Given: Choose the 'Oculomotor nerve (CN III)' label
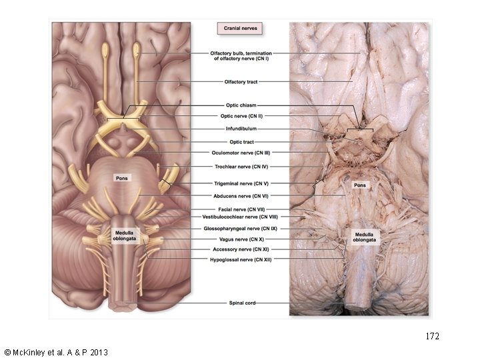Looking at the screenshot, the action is click(x=240, y=153).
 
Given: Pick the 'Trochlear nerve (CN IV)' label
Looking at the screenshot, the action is click(x=240, y=167).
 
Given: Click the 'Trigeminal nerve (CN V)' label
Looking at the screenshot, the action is click(x=240, y=183).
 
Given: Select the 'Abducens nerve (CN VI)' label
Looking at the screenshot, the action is click(x=240, y=195).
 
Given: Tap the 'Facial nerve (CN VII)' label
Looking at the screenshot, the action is click(x=240, y=209).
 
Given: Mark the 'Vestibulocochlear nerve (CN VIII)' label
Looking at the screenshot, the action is click(x=240, y=217).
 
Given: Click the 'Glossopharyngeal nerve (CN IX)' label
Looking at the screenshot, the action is click(x=240, y=229).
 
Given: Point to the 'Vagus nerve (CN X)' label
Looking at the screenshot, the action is click(x=240, y=239).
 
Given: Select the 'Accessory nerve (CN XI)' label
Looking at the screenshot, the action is click(x=240, y=249).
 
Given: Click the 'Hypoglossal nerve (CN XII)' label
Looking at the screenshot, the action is click(x=240, y=259).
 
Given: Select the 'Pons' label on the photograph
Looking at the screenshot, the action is click(x=359, y=185).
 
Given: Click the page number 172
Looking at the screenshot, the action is click(x=433, y=337).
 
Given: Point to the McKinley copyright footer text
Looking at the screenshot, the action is click(x=55, y=351).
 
